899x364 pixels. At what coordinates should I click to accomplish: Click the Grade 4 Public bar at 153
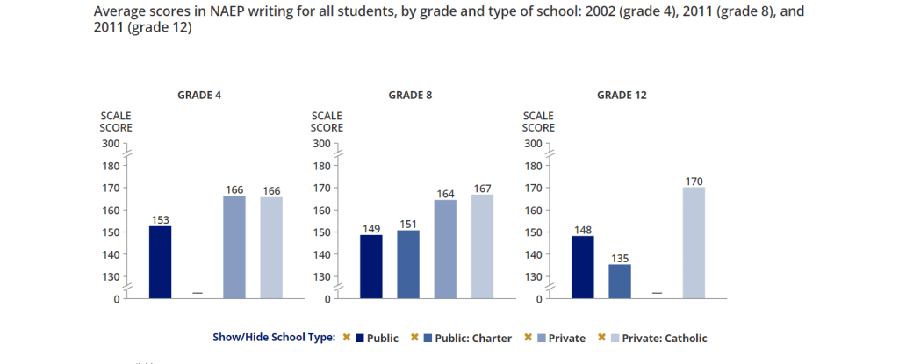pyautogui.click(x=160, y=262)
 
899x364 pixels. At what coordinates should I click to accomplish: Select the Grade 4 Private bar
pyautogui.click(x=234, y=247)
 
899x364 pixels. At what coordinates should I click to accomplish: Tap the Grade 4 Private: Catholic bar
pyautogui.click(x=271, y=247)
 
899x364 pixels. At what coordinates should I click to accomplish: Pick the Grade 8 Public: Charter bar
pyautogui.click(x=408, y=264)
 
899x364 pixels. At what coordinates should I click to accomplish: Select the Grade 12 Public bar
pyautogui.click(x=582, y=267)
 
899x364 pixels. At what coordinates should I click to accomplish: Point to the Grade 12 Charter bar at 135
pyautogui.click(x=619, y=281)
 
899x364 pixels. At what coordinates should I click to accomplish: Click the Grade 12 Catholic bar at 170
pyautogui.click(x=694, y=243)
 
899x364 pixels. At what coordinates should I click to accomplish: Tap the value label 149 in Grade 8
pyautogui.click(x=371, y=229)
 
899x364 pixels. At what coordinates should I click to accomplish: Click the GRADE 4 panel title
pyautogui.click(x=199, y=95)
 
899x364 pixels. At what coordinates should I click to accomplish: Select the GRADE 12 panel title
pyautogui.click(x=622, y=95)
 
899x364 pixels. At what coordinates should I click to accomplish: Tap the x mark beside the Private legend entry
pyautogui.click(x=529, y=338)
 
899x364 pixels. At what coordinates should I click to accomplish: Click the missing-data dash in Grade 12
pyautogui.click(x=657, y=293)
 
